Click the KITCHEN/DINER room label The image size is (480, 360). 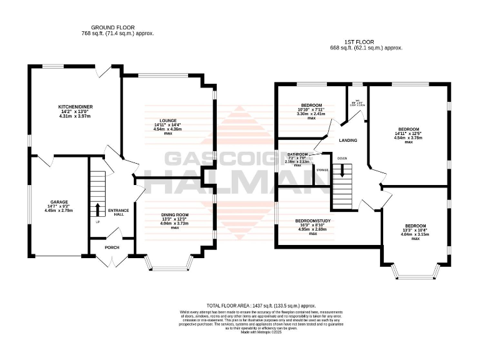pyautogui.click(x=75, y=107)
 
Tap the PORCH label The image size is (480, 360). pyautogui.click(x=112, y=247)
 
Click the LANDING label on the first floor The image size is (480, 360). pyautogui.click(x=347, y=140)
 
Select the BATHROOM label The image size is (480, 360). pyautogui.click(x=297, y=154)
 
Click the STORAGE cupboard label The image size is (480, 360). pyautogui.click(x=322, y=169)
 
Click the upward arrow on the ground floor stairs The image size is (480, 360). pyautogui.click(x=97, y=209)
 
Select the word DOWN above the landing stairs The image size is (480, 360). pyautogui.click(x=341, y=158)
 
